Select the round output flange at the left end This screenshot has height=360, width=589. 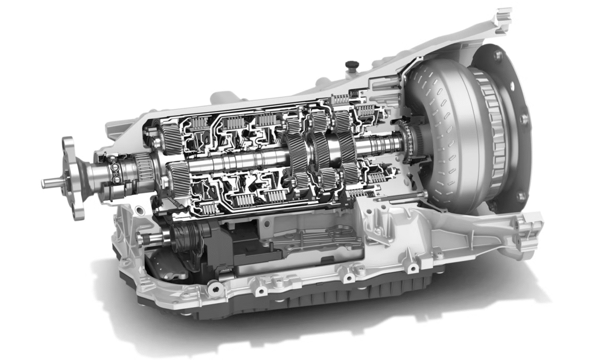tap(73, 177)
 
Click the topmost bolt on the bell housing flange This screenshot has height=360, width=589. tap(497, 55)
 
